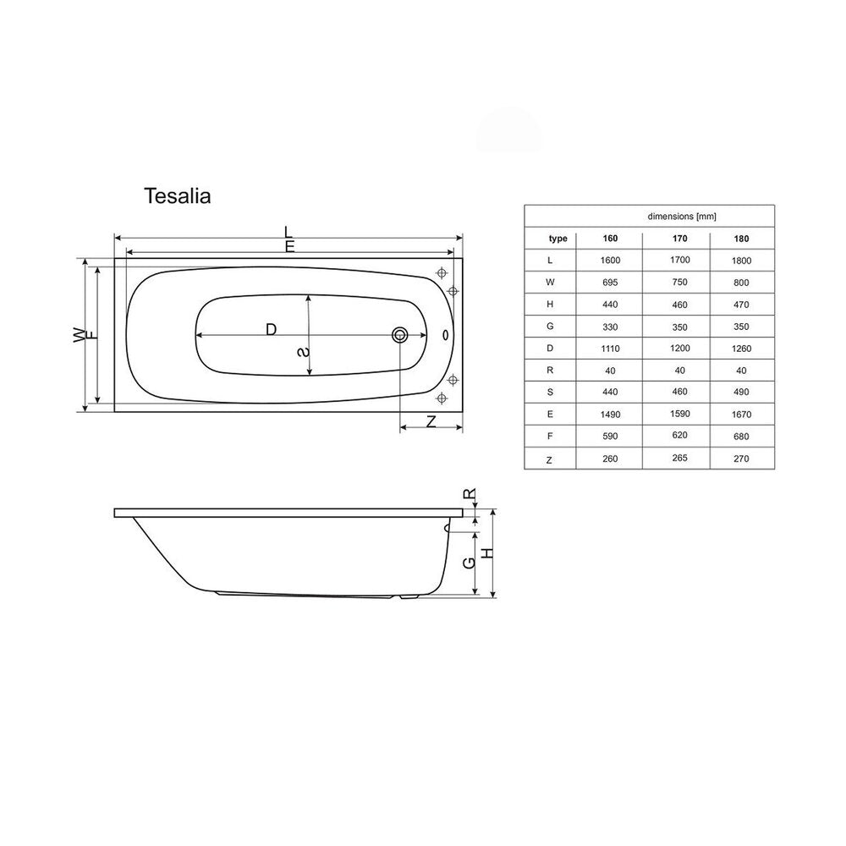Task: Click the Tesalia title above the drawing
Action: coord(177,196)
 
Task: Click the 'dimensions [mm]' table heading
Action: coord(681,217)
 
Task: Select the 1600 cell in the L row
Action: coord(610,260)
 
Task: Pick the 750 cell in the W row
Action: coord(680,282)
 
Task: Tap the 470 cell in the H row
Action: coord(741,305)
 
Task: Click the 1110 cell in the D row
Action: coord(610,349)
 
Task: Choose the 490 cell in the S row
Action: coord(741,392)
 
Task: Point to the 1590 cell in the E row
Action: coord(680,414)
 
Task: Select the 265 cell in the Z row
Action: coord(680,458)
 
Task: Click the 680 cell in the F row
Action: coord(741,436)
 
